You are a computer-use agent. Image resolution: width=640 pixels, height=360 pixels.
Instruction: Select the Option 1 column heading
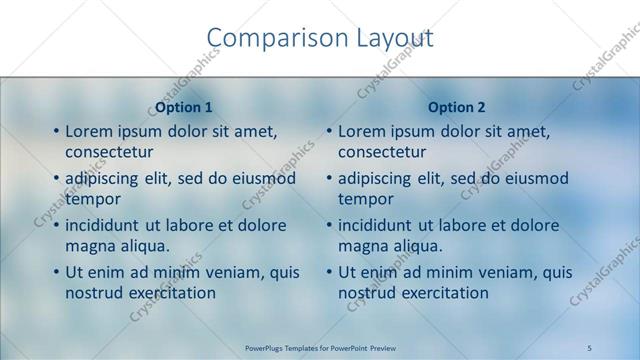coord(184,107)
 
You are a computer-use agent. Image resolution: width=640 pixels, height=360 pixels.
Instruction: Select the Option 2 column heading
coord(457,107)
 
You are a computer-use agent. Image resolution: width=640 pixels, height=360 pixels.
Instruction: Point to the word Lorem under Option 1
coord(90,131)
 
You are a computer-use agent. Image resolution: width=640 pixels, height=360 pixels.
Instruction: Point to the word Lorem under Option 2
coord(363,131)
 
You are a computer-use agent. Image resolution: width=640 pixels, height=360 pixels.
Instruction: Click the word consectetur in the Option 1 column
coord(109,152)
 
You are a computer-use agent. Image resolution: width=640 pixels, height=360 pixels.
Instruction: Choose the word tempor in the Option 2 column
coord(366,199)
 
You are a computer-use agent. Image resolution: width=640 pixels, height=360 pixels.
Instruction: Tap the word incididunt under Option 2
coord(381,226)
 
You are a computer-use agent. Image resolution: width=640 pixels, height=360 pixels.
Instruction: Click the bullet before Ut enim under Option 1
coord(56,273)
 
